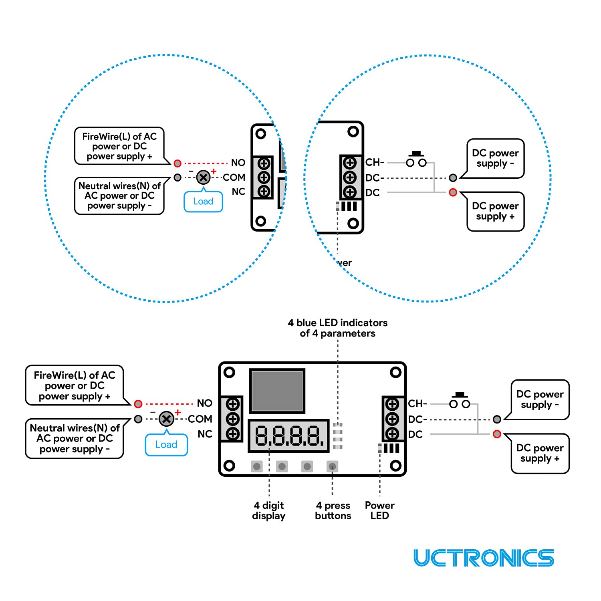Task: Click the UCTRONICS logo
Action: coord(484,558)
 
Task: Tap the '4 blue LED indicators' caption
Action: coord(337,328)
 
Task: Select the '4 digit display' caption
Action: coord(268,510)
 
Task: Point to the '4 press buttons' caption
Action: coord(333,510)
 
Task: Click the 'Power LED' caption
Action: coord(379,510)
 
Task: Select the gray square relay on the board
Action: coord(277,391)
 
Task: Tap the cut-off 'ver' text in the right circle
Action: coord(344,263)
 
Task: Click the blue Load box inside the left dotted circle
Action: coord(203,202)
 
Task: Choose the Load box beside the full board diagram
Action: coord(166,445)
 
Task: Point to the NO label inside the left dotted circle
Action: coord(238,163)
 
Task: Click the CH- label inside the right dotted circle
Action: coord(375,162)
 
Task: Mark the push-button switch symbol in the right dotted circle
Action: coord(416,160)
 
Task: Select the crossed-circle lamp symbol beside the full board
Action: coord(166,419)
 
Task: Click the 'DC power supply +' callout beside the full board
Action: coord(540,453)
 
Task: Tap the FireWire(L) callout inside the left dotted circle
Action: coord(119,146)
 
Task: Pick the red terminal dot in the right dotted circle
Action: coord(453,192)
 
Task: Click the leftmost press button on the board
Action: coord(257,466)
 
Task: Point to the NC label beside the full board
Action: coord(205,434)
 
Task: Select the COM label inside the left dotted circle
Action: coord(234,177)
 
